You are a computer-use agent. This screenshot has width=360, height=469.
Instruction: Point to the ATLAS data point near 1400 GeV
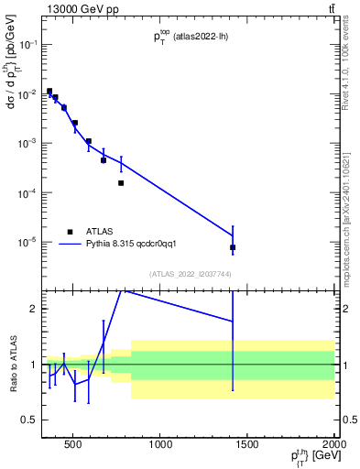pyautogui.click(x=233, y=247)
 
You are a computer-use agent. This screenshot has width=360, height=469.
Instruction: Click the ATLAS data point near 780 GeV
pyautogui.click(x=121, y=182)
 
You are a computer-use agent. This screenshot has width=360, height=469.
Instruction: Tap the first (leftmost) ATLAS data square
pyautogui.click(x=49, y=92)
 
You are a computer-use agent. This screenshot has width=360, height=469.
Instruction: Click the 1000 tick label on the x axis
pyautogui.click(x=160, y=445)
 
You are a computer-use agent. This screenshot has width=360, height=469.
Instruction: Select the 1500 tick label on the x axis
pyautogui.click(x=247, y=445)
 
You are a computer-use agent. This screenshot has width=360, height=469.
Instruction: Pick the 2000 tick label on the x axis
pyautogui.click(x=333, y=445)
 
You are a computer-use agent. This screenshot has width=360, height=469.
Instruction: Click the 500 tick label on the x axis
pyautogui.click(x=74, y=445)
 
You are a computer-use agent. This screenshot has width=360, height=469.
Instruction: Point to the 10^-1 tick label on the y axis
pyautogui.click(x=28, y=44)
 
